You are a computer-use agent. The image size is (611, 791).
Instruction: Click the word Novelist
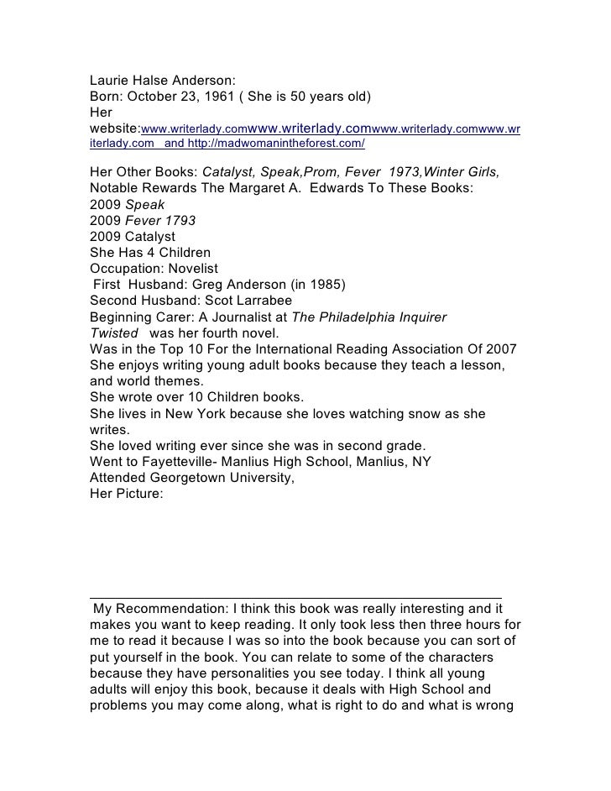pyautogui.click(x=190, y=268)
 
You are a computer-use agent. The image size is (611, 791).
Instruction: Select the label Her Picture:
pyautogui.click(x=126, y=494)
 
